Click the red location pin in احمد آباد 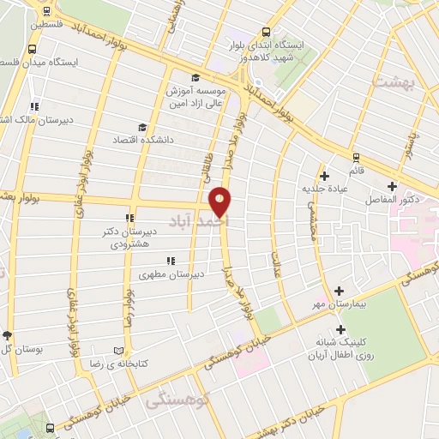pos(221,201)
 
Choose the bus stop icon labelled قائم pos(356,157)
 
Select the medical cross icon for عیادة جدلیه pos(324,176)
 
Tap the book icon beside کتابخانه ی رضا pos(118,351)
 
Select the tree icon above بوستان pos(8,335)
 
